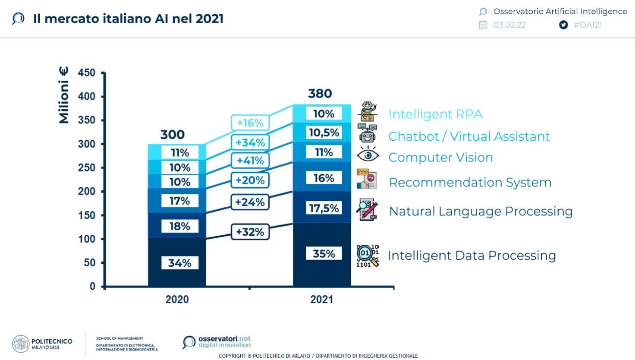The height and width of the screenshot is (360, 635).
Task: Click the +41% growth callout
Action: [x=250, y=161]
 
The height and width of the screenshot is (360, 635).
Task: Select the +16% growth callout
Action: [x=250, y=123]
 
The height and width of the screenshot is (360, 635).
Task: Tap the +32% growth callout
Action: [x=250, y=232]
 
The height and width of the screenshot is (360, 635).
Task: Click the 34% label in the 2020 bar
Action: [x=180, y=263]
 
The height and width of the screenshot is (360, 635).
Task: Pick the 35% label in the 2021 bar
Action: [x=324, y=254]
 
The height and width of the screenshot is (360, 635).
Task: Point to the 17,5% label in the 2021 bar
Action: [x=324, y=208]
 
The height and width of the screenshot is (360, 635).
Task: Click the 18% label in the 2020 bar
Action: [x=180, y=226]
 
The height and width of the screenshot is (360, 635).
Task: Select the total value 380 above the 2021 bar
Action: [x=320, y=94]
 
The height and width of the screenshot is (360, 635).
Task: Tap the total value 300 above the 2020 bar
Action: [x=173, y=135]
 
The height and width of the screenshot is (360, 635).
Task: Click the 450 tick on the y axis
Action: [x=87, y=73]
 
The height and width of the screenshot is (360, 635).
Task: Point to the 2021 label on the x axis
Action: [x=322, y=300]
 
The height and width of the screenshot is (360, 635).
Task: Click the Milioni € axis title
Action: [x=64, y=95]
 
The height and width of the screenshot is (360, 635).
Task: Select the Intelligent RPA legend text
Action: [x=435, y=114]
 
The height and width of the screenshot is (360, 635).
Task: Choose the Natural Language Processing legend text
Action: [x=481, y=212]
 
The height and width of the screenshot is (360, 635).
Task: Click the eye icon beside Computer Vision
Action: [x=368, y=155]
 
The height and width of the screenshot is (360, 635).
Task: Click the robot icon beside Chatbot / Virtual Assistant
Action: [x=368, y=133]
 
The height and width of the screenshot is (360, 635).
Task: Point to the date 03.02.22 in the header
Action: [x=509, y=25]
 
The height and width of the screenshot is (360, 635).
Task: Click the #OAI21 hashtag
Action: [x=588, y=25]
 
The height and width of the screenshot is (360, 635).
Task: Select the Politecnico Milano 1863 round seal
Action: [x=20, y=344]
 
